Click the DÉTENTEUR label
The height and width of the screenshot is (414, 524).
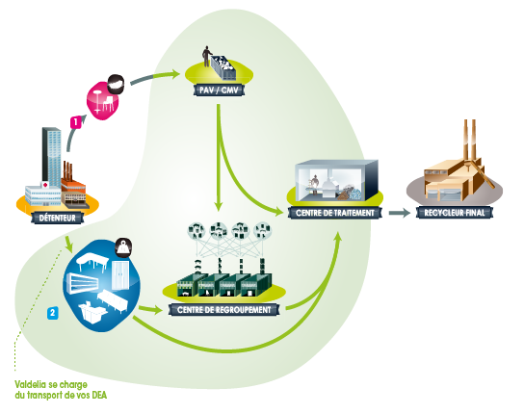(58, 219)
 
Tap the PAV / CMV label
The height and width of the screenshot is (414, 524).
(219, 90)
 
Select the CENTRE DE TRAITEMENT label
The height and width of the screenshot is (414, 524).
(335, 213)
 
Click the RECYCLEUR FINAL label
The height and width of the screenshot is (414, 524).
(455, 213)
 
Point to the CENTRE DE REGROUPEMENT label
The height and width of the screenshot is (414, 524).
(223, 310)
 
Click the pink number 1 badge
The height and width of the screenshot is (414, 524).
(76, 122)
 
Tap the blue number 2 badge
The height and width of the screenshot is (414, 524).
(52, 313)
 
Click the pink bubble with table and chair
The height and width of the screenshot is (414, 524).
(103, 100)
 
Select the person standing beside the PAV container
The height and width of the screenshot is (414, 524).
(206, 56)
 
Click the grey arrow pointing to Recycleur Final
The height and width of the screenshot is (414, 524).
(400, 213)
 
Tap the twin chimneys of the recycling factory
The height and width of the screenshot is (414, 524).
(469, 140)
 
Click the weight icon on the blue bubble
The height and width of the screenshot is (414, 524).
(123, 247)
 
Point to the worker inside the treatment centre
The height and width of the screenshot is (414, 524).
(315, 184)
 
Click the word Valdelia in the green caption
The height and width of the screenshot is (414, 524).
(30, 384)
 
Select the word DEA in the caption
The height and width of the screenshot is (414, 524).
(99, 396)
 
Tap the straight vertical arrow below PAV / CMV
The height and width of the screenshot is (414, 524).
(219, 157)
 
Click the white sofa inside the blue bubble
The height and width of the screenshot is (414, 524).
(113, 300)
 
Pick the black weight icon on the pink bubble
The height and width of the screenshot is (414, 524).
(116, 83)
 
